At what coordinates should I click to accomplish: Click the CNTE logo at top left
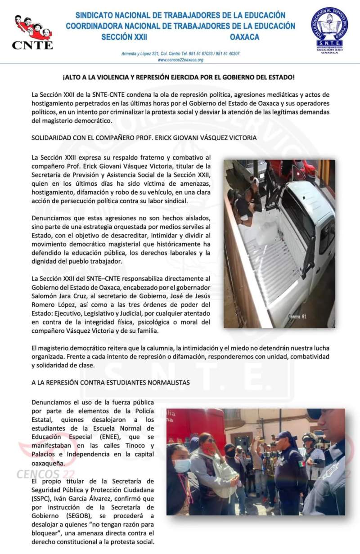coord(32,32)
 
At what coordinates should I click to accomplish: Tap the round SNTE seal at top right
coord(330,30)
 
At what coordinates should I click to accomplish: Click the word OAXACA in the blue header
coord(244,37)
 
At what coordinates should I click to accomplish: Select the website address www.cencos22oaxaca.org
coord(180,59)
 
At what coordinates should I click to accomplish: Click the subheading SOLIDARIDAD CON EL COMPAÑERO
coord(144,138)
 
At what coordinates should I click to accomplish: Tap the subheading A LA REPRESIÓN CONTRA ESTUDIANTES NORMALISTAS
coord(111,382)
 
